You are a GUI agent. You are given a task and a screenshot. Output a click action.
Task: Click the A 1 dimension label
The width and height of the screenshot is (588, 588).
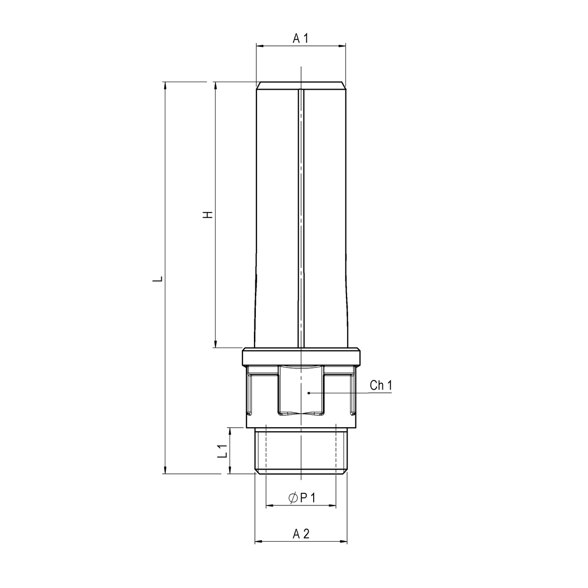300,38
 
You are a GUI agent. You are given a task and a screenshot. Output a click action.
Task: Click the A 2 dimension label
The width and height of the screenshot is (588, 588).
301,534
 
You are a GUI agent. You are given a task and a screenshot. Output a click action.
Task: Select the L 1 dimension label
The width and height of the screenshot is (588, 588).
223,451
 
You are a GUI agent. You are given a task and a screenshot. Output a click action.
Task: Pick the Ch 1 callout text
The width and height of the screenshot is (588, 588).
381,385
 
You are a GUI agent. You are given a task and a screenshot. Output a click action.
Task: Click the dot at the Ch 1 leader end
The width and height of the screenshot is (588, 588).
309,393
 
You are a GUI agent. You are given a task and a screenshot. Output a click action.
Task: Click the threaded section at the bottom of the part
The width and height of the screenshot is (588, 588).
301,451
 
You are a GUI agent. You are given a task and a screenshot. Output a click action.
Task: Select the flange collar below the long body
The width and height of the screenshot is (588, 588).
301,357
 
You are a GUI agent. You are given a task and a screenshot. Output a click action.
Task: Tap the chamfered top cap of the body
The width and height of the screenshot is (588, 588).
301,85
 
